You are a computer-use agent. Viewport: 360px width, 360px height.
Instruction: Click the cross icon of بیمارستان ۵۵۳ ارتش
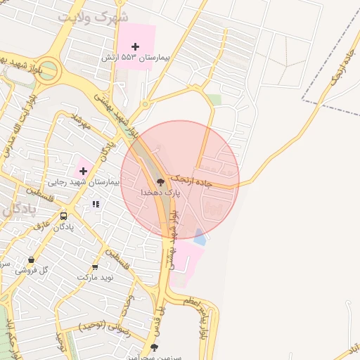pos(135,46)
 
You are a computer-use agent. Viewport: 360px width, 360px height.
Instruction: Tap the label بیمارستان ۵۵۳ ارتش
pos(139,57)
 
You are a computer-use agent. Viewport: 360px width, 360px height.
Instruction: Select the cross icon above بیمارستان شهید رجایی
pos(83,170)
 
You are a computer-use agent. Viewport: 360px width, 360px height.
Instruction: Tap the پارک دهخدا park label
pos(161,192)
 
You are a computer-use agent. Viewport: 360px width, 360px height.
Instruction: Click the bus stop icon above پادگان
pos(64,217)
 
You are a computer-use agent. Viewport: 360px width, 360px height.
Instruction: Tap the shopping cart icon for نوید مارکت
pos(95,267)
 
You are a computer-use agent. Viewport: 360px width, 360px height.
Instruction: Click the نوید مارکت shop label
pos(95,278)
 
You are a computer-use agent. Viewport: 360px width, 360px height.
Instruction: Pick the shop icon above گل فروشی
pos(30,261)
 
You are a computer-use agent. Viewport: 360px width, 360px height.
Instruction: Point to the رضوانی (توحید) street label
pos(102,325)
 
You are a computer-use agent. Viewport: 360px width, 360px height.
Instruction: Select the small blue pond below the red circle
pos(200,238)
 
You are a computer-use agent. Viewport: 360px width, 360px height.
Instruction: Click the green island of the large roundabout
pos(46,72)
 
